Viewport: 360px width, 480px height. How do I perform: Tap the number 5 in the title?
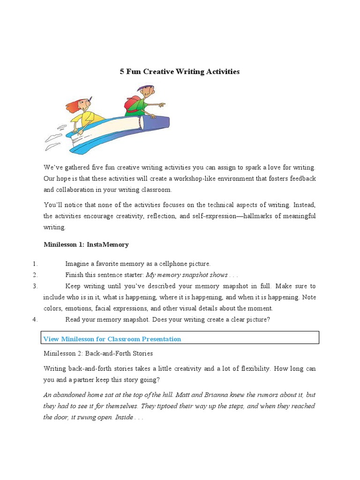point(122,72)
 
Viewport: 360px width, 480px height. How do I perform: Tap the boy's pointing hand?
point(162,105)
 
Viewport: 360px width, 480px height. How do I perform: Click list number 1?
point(36,263)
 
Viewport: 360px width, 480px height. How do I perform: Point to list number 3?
point(36,286)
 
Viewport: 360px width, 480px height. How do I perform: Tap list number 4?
point(36,320)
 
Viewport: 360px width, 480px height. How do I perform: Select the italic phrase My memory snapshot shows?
point(187,275)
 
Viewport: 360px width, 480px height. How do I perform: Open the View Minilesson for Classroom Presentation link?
point(112,339)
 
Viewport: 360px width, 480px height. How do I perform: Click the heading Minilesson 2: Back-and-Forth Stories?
point(98,353)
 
